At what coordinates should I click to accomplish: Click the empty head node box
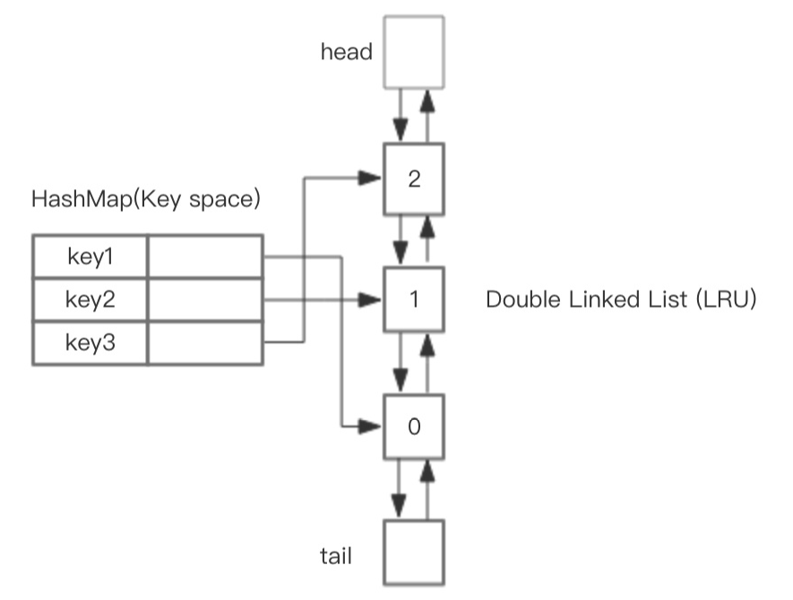[413, 51]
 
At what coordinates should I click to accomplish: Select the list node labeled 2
[413, 178]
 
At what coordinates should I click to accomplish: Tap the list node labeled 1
[413, 299]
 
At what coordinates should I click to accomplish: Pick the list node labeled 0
[413, 426]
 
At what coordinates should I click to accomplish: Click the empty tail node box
[413, 552]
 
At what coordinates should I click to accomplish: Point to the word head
[346, 52]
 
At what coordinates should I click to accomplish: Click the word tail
[335, 556]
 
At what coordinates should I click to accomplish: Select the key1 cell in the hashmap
[91, 257]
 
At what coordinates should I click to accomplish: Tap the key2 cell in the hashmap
[91, 300]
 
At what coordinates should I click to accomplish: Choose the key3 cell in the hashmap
[91, 342]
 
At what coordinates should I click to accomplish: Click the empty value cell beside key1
[205, 257]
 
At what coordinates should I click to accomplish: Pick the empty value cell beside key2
[205, 300]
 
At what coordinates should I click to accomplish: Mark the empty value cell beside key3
[205, 342]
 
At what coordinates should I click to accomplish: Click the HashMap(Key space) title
[146, 198]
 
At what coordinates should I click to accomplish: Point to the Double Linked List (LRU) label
[622, 300]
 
